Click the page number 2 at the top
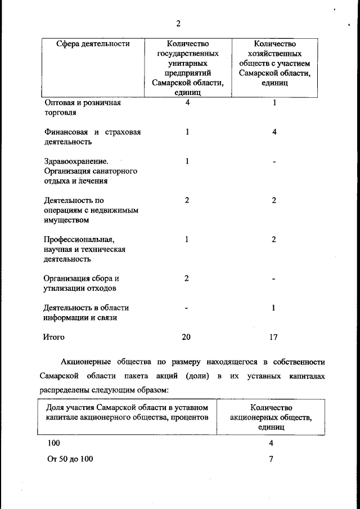pos(178,24)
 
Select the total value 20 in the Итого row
pos(186,337)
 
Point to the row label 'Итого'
pos(55,337)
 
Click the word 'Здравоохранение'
pos(76,161)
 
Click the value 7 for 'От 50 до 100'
pos(271,458)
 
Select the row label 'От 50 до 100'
pos(70,458)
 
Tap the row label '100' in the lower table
pos(54,443)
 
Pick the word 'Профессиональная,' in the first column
pos(79,240)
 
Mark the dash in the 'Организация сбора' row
pos(273,278)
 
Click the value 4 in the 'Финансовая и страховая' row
pos(273,132)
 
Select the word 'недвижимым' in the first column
pos(116,210)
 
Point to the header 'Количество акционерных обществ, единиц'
pos(271,417)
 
